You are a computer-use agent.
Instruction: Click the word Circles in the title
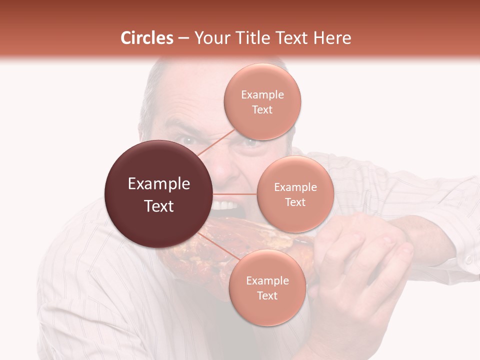tap(146, 38)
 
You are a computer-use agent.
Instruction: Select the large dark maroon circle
tap(159, 194)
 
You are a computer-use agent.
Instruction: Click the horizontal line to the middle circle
tap(235, 194)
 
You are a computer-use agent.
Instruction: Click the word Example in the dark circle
tap(159, 184)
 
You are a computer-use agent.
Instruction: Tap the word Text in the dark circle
tap(159, 206)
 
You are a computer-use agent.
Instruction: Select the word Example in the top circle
tap(262, 95)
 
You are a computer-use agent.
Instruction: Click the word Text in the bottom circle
tap(267, 296)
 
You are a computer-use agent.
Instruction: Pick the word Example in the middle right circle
tap(295, 187)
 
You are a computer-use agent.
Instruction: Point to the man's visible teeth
tap(225, 205)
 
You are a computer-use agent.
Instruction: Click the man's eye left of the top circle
tap(188, 140)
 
